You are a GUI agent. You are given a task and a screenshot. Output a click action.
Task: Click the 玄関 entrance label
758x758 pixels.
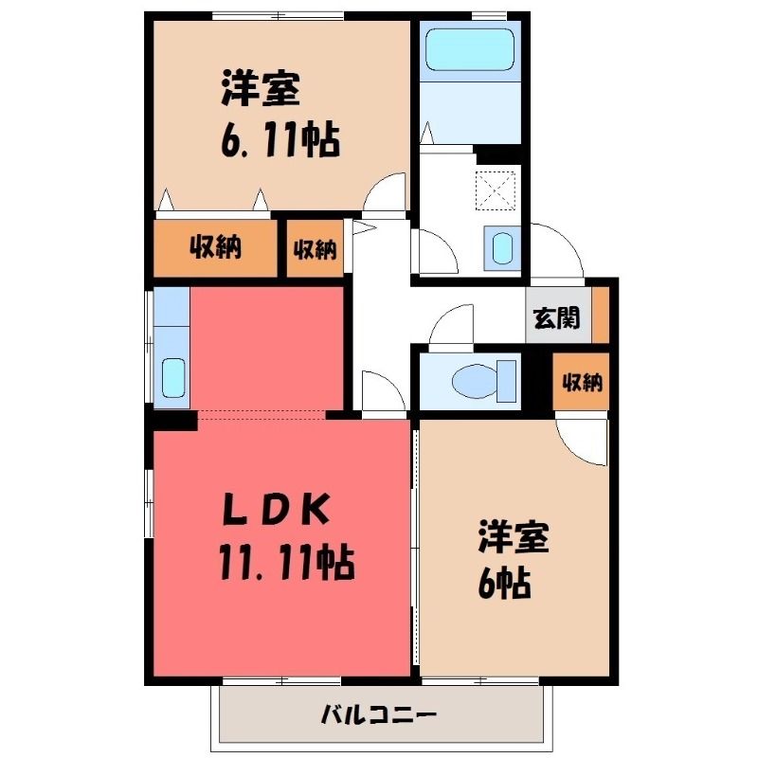pyautogui.click(x=556, y=318)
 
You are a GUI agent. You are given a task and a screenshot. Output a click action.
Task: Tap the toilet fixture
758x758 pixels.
pyautogui.click(x=484, y=381)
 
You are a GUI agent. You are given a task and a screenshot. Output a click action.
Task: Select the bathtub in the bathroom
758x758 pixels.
pyautogui.click(x=469, y=49)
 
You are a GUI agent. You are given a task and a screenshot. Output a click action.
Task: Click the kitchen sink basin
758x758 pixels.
pyautogui.click(x=173, y=377)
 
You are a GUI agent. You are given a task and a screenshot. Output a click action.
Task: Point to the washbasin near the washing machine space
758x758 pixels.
pyautogui.click(x=502, y=248)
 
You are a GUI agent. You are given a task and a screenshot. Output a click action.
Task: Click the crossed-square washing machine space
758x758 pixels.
pyautogui.click(x=496, y=191)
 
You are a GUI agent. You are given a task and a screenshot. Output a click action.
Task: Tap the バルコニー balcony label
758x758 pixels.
pyautogui.click(x=379, y=714)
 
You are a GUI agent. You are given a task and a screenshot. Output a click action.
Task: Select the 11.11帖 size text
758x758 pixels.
pyautogui.click(x=287, y=562)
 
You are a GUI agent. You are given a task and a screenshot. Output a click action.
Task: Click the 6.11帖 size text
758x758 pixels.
pyautogui.click(x=280, y=139)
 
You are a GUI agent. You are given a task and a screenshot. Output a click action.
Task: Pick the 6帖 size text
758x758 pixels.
pyautogui.click(x=504, y=583)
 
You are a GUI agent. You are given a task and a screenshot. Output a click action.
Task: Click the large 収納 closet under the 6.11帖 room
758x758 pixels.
pyautogui.click(x=216, y=248)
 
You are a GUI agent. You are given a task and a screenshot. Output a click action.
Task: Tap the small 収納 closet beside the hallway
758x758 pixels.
pyautogui.click(x=316, y=249)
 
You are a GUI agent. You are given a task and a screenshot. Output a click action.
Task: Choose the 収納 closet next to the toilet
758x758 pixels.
pyautogui.click(x=581, y=382)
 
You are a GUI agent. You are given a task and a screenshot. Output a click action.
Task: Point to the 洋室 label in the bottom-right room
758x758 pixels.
pyautogui.click(x=514, y=537)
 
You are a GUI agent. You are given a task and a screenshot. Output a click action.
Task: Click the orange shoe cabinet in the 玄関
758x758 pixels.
pyautogui.click(x=601, y=315)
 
